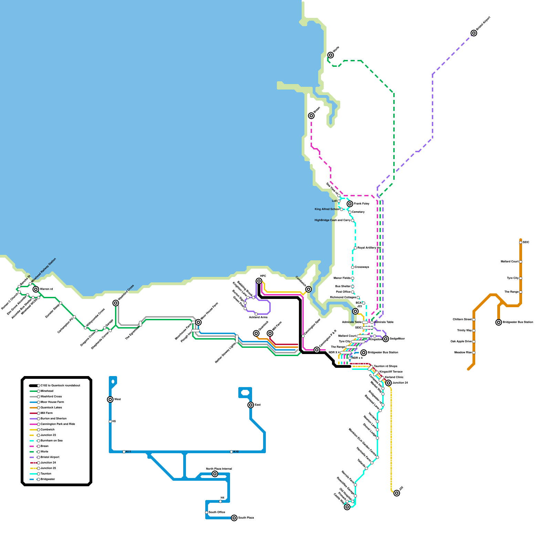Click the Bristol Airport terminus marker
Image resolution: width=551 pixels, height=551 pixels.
point(474,33)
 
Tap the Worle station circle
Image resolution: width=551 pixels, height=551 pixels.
point(331,55)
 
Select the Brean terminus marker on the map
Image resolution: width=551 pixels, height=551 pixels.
point(311,116)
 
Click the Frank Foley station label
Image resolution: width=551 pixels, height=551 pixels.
point(362,204)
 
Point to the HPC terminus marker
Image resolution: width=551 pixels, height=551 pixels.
point(259,281)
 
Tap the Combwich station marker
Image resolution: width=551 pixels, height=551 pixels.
point(309,289)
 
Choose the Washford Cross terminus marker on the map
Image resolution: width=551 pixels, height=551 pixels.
point(116,303)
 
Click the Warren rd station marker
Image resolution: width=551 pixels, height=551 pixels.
point(36,289)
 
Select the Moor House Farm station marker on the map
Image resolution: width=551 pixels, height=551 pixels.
point(198,322)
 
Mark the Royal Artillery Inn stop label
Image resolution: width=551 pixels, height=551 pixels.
point(369,248)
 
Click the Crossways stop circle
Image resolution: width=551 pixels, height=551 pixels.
point(353,267)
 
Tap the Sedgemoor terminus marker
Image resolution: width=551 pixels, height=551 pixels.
point(386,339)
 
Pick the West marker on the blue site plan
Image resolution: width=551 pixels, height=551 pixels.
point(110,399)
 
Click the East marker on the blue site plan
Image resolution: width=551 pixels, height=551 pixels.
point(251,405)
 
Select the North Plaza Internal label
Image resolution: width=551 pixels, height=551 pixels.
point(219,469)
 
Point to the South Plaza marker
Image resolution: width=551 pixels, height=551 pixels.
point(234,518)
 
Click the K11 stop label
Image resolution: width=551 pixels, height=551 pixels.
point(128,451)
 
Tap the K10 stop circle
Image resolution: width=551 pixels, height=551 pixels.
point(231,452)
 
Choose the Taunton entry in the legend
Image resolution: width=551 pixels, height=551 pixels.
point(46,474)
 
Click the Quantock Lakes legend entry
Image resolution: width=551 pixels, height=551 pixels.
point(51,407)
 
